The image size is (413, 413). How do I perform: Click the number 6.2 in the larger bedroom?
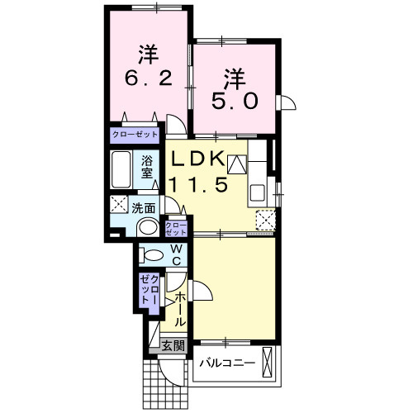[x=149, y=78]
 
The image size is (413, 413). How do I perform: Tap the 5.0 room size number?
[x=235, y=101]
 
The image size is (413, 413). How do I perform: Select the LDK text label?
[x=198, y=159]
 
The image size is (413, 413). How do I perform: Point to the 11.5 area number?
[x=198, y=184]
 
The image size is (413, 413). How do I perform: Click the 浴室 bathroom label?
[x=147, y=167]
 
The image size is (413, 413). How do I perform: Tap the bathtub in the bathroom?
[x=121, y=169]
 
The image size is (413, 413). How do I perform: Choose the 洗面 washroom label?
[x=143, y=208]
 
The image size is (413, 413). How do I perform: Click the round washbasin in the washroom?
[x=148, y=227]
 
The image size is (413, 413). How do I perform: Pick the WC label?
[x=176, y=254]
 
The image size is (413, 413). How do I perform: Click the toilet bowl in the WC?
[x=150, y=255]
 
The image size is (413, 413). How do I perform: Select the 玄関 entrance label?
[x=173, y=345]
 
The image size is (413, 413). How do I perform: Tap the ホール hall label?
[x=180, y=309]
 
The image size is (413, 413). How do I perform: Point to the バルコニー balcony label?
[x=227, y=363]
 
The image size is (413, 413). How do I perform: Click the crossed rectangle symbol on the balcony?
[x=267, y=362]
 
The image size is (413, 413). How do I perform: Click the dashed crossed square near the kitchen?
[x=265, y=220]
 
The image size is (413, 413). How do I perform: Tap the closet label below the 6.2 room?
[x=135, y=135]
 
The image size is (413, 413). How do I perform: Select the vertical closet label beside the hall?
[x=150, y=289]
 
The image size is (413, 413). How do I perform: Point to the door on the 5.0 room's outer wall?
[x=287, y=102]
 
